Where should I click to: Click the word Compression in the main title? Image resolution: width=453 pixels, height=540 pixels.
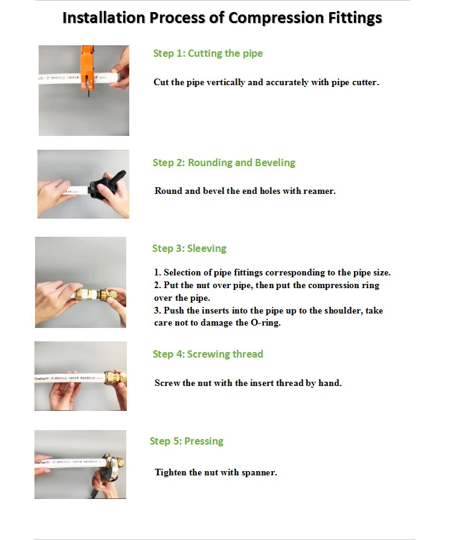(275, 18)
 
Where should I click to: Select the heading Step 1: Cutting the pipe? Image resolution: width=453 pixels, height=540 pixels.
(208, 53)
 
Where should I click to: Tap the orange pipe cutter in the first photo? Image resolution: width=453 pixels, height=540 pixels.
(87, 69)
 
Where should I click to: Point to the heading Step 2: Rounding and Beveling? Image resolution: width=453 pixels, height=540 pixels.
(224, 162)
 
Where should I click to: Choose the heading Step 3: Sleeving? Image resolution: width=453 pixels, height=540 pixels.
(190, 248)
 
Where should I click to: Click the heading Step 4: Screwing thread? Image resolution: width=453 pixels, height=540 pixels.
(208, 354)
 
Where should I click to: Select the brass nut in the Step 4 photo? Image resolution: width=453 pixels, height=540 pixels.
(115, 378)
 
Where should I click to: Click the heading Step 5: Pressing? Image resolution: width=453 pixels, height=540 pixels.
(187, 441)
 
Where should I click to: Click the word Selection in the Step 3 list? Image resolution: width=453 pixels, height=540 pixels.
(182, 272)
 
